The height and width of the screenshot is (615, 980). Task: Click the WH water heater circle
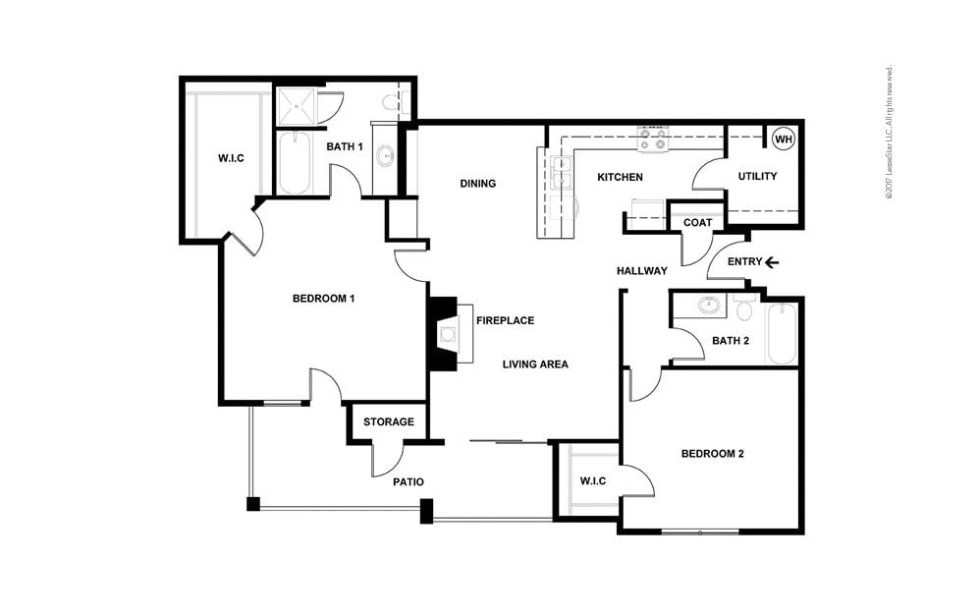(x=783, y=140)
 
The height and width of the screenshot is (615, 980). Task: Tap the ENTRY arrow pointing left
(x=773, y=262)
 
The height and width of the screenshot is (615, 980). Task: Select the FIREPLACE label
(x=505, y=320)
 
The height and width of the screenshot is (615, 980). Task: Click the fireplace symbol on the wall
(x=445, y=334)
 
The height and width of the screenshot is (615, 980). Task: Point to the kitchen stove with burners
(x=652, y=140)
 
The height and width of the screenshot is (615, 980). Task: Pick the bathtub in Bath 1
(x=294, y=163)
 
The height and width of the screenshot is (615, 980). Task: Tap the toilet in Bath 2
(x=743, y=310)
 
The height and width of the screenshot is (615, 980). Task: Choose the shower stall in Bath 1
(x=296, y=106)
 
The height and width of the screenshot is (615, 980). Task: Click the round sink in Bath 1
(x=385, y=155)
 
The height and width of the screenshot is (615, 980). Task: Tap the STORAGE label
(x=389, y=422)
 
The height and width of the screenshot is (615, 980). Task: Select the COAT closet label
(x=697, y=223)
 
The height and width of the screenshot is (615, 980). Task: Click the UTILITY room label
(x=757, y=177)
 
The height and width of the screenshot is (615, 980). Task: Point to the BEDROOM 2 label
(x=713, y=454)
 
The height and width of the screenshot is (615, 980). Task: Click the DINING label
(x=477, y=184)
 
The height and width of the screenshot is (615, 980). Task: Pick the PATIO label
(x=408, y=482)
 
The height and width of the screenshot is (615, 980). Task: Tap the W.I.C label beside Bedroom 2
(x=592, y=480)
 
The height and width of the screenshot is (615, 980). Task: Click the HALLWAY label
(x=642, y=271)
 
